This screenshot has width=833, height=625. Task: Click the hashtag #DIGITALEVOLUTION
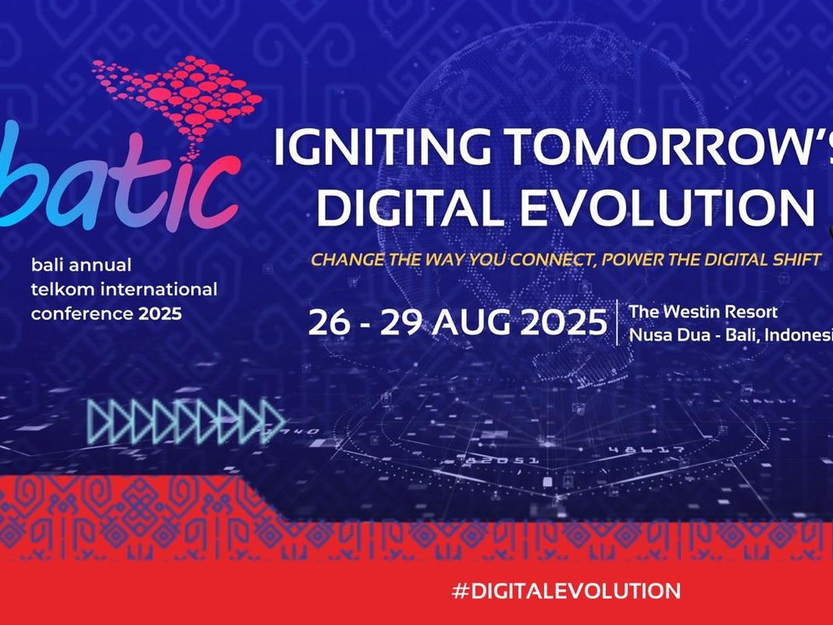point(565,591)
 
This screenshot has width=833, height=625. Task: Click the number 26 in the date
point(328,323)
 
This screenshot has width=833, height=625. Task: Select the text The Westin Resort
point(702,312)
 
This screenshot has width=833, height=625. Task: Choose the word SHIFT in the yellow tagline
point(796,260)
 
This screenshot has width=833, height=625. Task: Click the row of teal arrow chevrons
point(186,422)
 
